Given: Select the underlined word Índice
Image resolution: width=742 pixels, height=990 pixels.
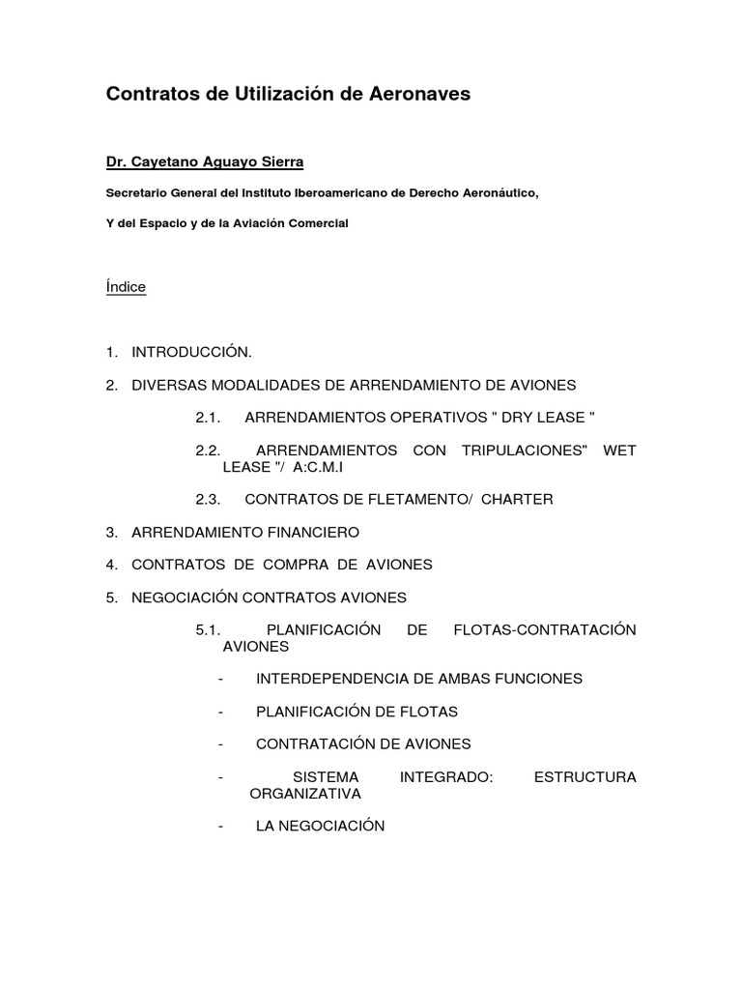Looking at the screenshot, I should point(126,287).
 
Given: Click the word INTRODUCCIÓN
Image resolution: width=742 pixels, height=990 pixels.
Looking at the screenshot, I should point(191,352).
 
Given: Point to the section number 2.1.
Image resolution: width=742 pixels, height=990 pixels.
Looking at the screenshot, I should point(209,418).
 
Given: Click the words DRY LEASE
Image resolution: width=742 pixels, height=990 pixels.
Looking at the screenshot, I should point(540,418).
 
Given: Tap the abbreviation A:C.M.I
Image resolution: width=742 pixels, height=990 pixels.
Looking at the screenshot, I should point(313,466).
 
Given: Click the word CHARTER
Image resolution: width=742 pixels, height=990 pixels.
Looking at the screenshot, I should point(517,499).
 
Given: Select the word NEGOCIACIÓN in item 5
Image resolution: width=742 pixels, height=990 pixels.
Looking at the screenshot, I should point(185,597).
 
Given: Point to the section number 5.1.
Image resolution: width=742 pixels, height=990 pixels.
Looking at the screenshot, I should point(209,630).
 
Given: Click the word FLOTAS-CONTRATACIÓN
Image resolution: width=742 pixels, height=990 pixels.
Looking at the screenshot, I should point(545,630).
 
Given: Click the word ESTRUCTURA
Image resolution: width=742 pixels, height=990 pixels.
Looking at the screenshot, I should point(585,777).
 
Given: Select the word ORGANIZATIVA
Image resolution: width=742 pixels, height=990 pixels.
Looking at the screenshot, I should point(305,794).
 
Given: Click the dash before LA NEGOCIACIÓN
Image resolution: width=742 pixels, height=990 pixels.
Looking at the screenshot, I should point(222,826).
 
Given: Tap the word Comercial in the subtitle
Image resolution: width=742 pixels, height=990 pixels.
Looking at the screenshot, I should point(316,223).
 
